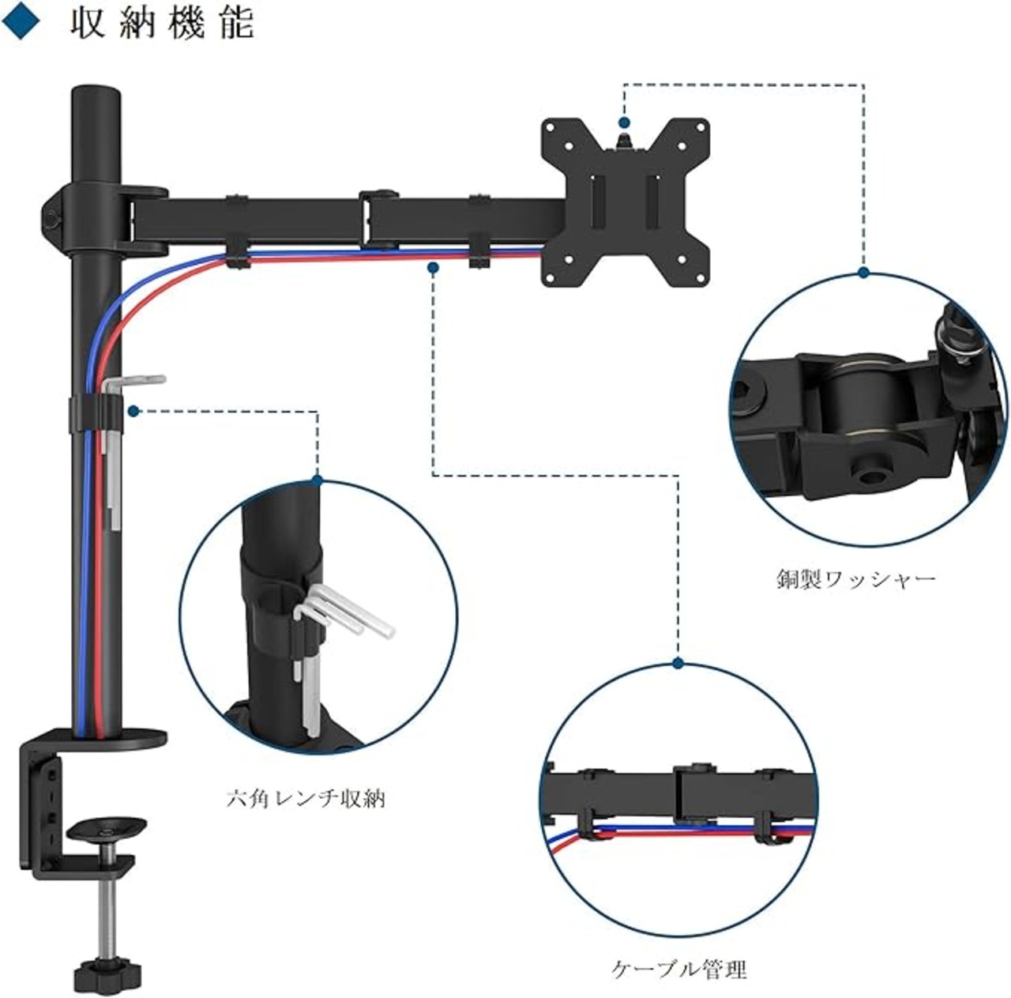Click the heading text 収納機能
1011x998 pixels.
162,23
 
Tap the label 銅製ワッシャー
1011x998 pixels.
855,580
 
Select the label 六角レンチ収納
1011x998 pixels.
306,799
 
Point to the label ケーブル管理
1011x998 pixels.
678,969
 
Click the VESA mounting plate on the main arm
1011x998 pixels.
624,202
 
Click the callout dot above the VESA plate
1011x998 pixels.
624,123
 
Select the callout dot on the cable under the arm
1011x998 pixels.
432,268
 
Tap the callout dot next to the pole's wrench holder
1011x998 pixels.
133,412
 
